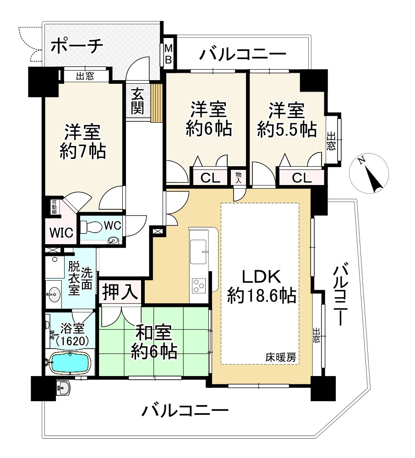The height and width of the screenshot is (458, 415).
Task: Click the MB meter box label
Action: [x=168, y=53]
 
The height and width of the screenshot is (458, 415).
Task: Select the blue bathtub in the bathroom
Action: [x=70, y=362]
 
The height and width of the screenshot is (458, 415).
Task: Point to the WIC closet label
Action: [x=61, y=233]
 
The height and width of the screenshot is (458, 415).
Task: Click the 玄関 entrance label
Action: [x=137, y=101]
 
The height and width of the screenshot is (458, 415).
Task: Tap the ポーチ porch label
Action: [x=77, y=46]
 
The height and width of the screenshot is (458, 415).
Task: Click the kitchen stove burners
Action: [x=199, y=285]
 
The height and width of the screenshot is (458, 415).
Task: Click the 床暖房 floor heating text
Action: [x=281, y=357]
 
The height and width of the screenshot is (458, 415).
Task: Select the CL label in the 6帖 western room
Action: [x=210, y=178]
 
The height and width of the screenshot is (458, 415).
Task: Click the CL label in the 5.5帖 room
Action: [x=302, y=178]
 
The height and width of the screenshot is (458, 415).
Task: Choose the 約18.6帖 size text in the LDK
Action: [x=262, y=295]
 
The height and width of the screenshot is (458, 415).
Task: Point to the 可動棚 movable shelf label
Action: [x=54, y=207]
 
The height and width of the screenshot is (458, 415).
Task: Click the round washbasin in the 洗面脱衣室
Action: [x=54, y=294]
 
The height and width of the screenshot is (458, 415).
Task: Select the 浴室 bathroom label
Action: [x=72, y=328]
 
